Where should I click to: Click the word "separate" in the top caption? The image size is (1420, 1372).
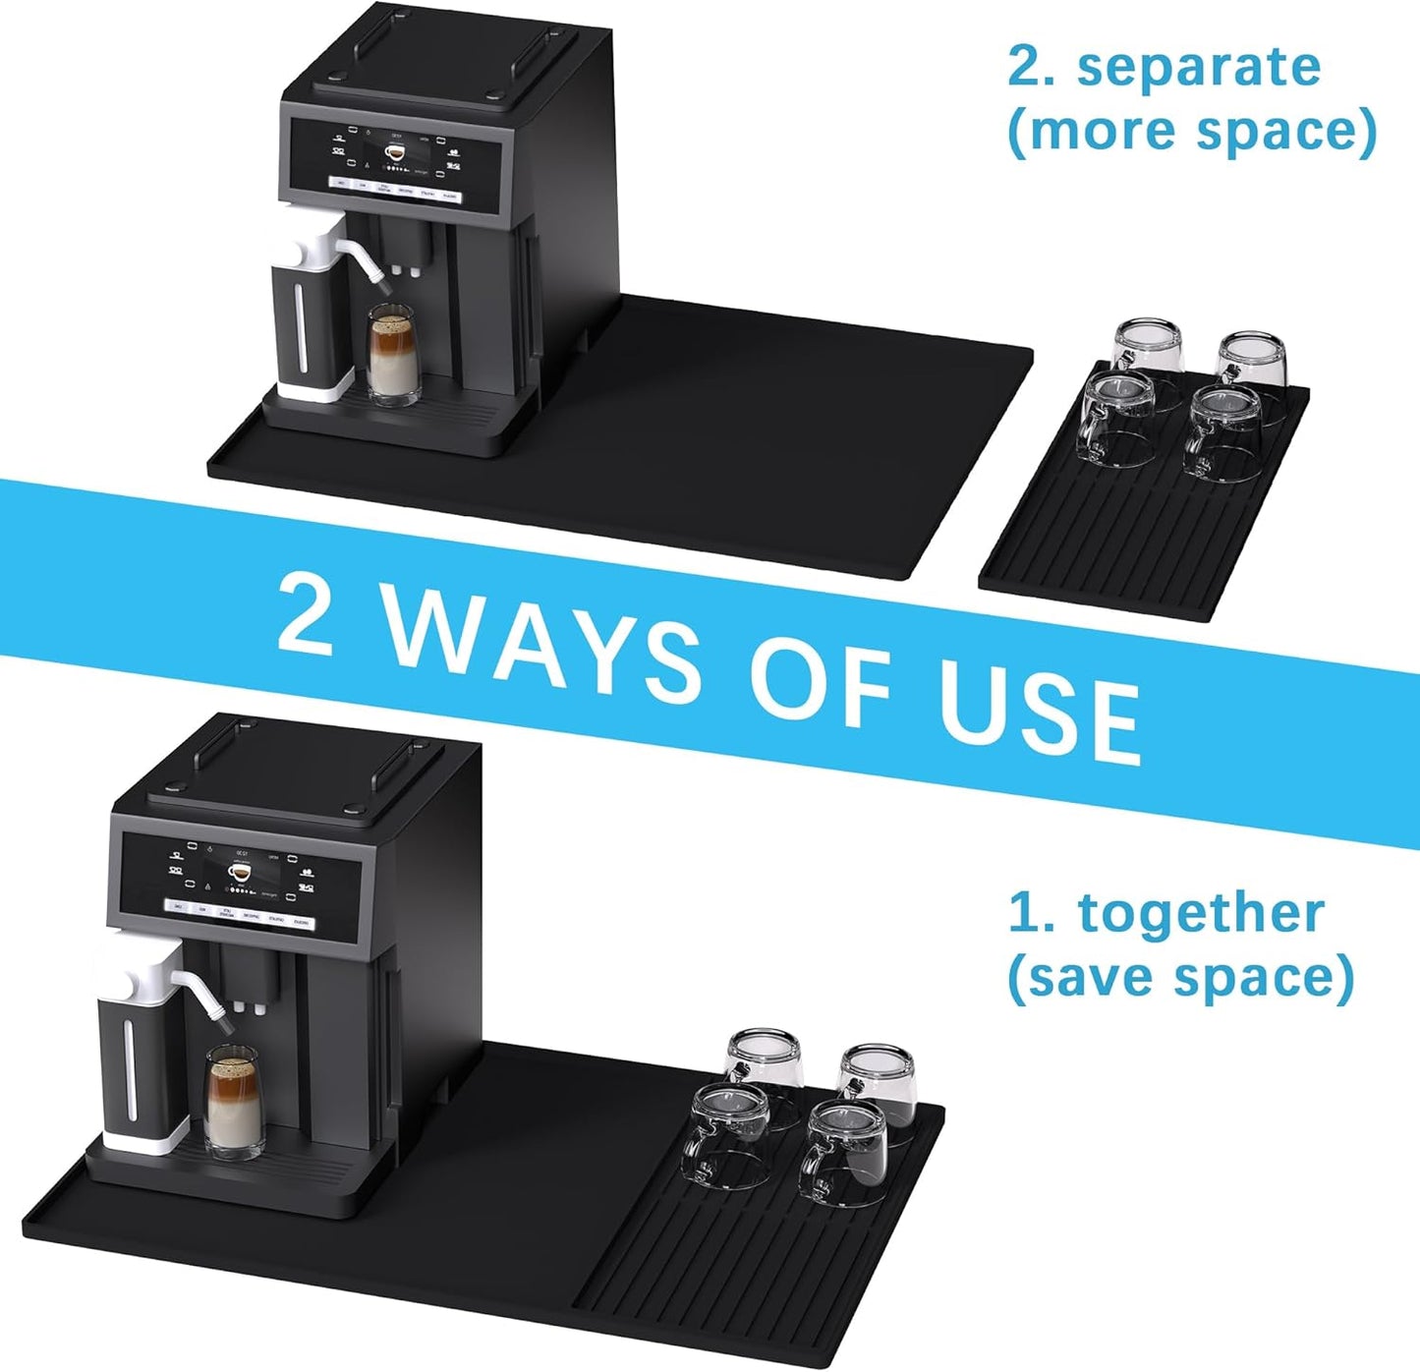pyautogui.click(x=1199, y=68)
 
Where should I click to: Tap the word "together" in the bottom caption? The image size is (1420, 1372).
pyautogui.click(x=1201, y=913)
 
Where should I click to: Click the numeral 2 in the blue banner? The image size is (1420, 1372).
pyautogui.click(x=306, y=613)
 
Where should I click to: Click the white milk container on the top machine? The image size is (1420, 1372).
pyautogui.click(x=312, y=314)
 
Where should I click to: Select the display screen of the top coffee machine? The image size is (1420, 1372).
pyautogui.click(x=396, y=160)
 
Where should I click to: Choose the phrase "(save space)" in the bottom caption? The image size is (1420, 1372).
pyautogui.click(x=1180, y=977)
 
